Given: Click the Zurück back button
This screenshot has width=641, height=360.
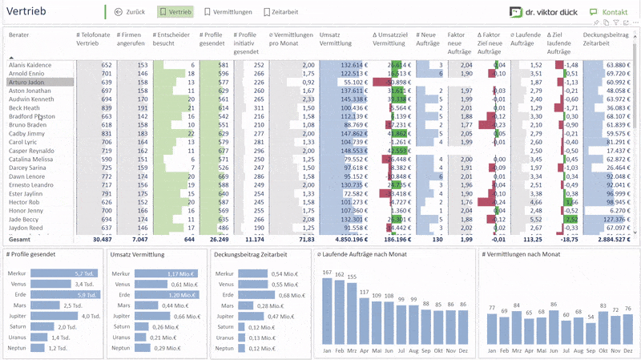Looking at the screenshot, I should pyautogui.click(x=131, y=13).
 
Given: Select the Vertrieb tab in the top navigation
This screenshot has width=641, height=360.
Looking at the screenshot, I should pyautogui.click(x=175, y=13).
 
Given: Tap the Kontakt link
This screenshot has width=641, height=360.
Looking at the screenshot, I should pyautogui.click(x=608, y=13).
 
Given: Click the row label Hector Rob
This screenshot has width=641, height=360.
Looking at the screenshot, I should pyautogui.click(x=24, y=202).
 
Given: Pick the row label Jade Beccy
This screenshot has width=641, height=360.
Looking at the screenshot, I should pyautogui.click(x=24, y=219).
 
